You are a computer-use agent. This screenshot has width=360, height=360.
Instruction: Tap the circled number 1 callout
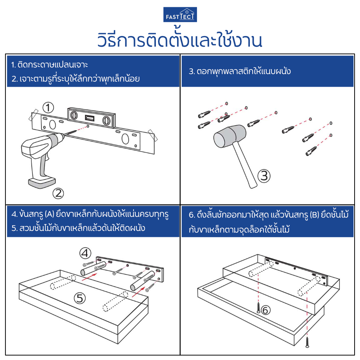point(48,107)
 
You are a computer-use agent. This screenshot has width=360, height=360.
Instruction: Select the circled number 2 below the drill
point(58,194)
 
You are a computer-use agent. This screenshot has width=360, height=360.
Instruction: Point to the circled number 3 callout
point(264,176)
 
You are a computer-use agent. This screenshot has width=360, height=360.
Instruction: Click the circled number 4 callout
point(86,253)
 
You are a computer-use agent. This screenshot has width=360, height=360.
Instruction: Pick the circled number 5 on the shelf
point(80,297)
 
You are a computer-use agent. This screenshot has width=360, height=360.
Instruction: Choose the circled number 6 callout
point(265,309)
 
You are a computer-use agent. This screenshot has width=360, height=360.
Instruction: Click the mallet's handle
point(244,164)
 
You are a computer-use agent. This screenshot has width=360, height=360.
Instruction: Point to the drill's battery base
point(42,183)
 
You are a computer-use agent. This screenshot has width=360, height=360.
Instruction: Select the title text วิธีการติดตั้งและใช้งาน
point(180,40)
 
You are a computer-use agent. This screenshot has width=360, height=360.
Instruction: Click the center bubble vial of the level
point(89,118)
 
